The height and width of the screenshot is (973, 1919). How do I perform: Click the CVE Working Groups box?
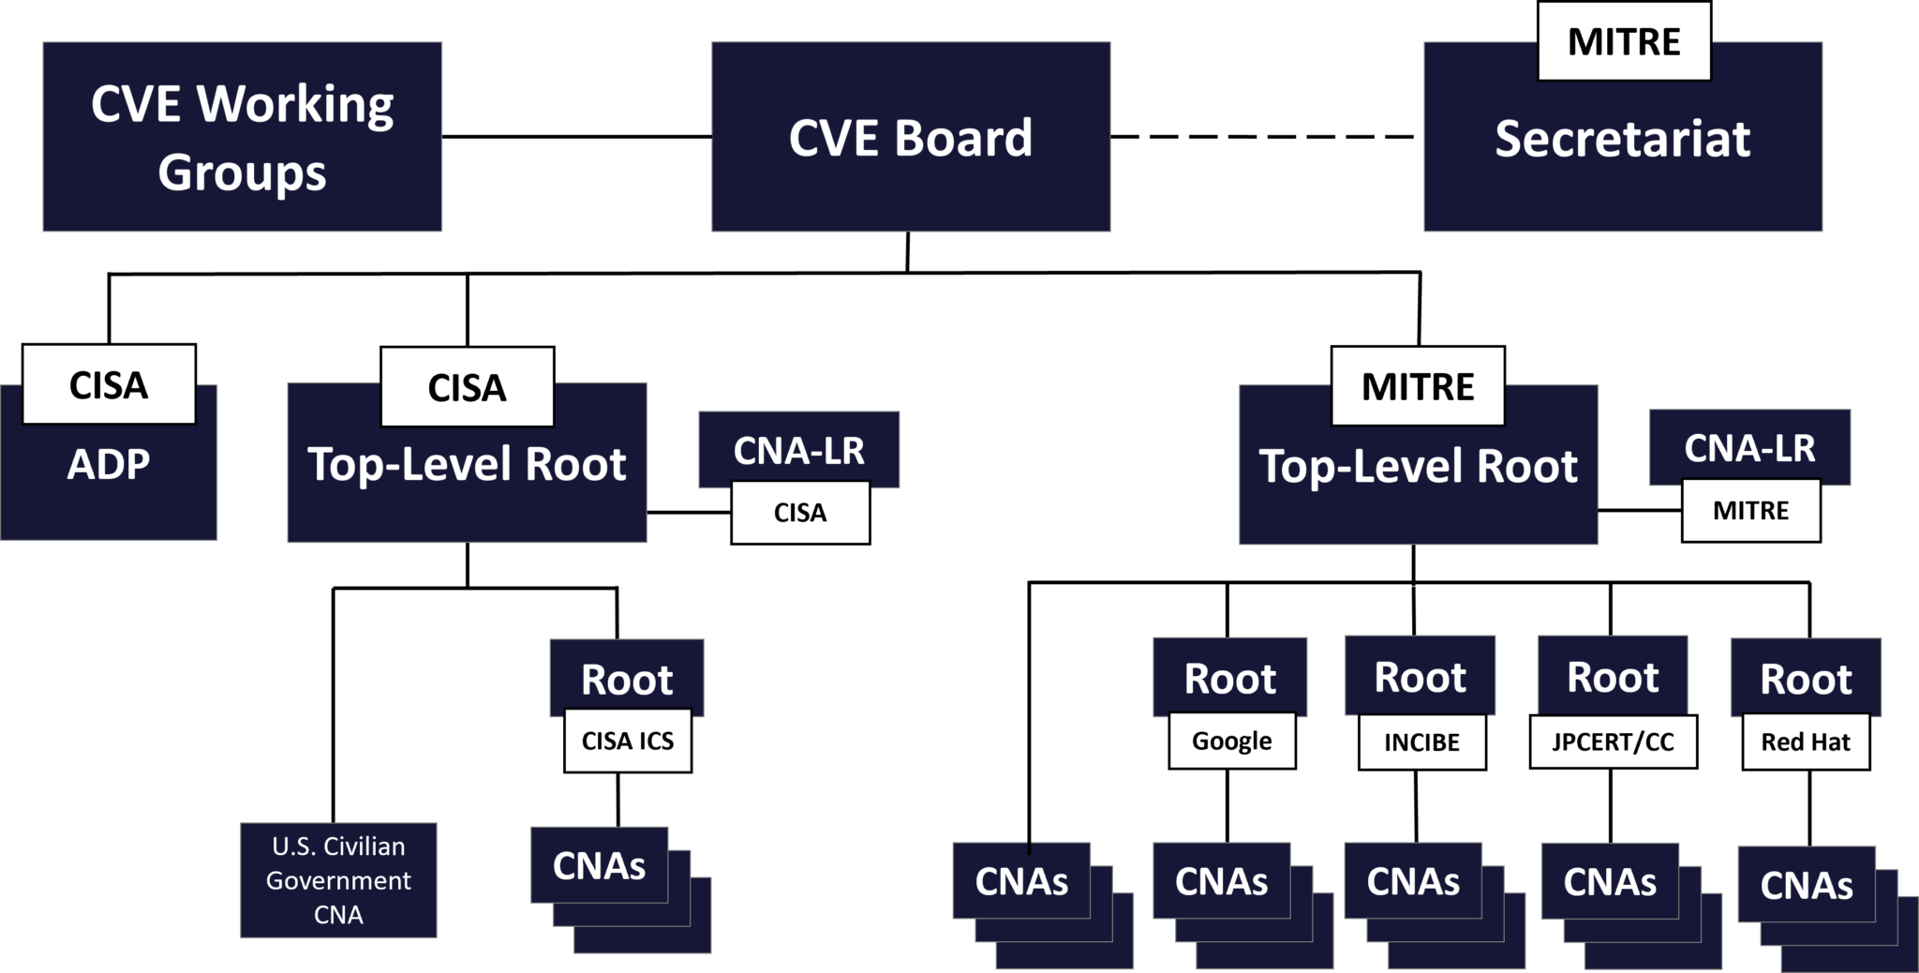click(x=242, y=137)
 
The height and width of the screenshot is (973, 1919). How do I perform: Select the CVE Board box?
click(x=911, y=137)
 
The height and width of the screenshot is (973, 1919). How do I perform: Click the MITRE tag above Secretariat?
click(x=1624, y=41)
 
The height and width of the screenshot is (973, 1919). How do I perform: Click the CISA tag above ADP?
click(x=109, y=384)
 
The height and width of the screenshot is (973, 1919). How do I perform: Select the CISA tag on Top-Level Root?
click(x=467, y=387)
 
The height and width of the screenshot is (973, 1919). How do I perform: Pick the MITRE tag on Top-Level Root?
click(x=1418, y=386)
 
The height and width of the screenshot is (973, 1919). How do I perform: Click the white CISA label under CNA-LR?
click(x=800, y=513)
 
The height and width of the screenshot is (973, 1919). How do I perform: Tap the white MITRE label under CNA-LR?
click(x=1750, y=511)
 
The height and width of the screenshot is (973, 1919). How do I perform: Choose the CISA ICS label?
click(x=628, y=741)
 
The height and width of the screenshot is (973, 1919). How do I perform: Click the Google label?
click(x=1231, y=741)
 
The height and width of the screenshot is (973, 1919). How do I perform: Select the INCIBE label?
click(x=1421, y=742)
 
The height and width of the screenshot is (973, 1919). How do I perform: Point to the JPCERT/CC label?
click(x=1613, y=741)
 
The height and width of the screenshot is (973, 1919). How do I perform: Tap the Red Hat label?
click(x=1806, y=741)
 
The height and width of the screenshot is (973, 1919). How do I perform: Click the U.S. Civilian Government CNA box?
click(x=338, y=880)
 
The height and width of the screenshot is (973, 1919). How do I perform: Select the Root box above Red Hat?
click(x=1806, y=677)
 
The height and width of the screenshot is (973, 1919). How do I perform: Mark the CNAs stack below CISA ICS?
click(x=600, y=865)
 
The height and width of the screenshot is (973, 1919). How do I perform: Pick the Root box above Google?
click(x=1229, y=676)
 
